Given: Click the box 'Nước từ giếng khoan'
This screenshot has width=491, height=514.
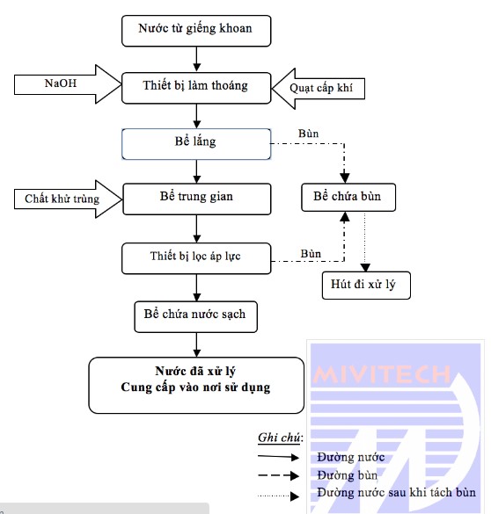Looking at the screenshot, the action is click(x=196, y=31).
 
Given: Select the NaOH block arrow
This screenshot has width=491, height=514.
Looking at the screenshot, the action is click(x=67, y=84).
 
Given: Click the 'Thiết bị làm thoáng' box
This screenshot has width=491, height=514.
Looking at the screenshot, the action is click(x=196, y=88).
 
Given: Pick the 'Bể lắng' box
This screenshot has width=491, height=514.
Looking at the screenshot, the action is click(x=196, y=144).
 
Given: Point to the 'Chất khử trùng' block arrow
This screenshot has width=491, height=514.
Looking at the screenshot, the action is click(x=68, y=199).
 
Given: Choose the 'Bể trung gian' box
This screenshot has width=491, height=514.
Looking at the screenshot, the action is click(x=197, y=199).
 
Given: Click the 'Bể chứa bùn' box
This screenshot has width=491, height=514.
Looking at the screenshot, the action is click(x=348, y=197).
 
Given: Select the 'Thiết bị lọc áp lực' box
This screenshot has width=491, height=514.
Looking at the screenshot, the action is click(x=196, y=258).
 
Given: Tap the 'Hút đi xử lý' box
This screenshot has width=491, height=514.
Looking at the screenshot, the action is click(x=366, y=286).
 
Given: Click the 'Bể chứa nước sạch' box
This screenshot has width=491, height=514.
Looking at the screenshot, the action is click(x=195, y=316).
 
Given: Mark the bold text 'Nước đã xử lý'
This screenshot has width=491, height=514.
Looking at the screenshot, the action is click(x=195, y=371).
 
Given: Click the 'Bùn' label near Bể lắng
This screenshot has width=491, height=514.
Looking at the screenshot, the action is click(x=308, y=134).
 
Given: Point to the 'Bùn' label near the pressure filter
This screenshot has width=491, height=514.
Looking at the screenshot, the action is click(x=311, y=254).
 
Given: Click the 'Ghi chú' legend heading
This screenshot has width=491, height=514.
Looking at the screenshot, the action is click(x=279, y=438).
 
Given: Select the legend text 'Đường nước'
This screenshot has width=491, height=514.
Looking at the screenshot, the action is click(x=350, y=457).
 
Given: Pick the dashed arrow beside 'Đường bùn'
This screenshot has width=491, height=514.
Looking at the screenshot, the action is click(x=278, y=475).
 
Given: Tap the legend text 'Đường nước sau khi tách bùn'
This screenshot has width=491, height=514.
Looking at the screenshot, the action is click(x=396, y=492).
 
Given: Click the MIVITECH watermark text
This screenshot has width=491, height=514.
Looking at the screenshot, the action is click(x=382, y=374).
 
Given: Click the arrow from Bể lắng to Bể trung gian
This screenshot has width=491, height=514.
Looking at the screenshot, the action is click(x=196, y=171).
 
